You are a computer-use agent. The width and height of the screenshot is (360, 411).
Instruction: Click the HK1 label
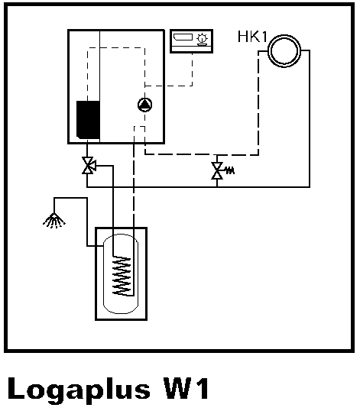pyautogui.click(x=252, y=37)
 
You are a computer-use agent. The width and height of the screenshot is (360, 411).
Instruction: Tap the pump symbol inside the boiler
pyautogui.click(x=144, y=105)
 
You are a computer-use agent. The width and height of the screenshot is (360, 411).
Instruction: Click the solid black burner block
pyautogui.click(x=88, y=119)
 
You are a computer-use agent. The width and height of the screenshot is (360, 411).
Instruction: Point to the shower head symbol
pyautogui.click(x=54, y=221)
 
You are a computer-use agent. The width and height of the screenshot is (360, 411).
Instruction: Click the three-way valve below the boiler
pyautogui.click(x=89, y=166)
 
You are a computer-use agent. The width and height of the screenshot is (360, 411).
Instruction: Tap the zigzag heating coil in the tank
pyautogui.click(x=122, y=277)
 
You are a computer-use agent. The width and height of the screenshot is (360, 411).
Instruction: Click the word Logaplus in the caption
pyautogui.click(x=79, y=390)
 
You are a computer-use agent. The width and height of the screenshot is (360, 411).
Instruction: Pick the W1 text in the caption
pyautogui.click(x=186, y=388)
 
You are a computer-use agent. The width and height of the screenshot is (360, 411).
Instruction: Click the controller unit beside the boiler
pyautogui.click(x=191, y=41)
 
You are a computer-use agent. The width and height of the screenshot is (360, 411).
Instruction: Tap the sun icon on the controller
pyautogui.click(x=202, y=38)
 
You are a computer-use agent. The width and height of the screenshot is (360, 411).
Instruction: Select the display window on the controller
pyautogui.click(x=183, y=37)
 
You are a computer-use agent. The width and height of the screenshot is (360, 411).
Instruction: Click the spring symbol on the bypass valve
pyautogui.click(x=230, y=170)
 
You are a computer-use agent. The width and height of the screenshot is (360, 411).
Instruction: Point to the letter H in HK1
pyautogui.click(x=242, y=37)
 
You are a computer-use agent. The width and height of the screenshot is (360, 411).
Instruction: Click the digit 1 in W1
pyautogui.click(x=202, y=388)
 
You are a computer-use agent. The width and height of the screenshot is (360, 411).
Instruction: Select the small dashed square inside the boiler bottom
pyautogui.click(x=139, y=127)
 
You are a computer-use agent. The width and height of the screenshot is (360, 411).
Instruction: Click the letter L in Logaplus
pyautogui.click(x=17, y=388)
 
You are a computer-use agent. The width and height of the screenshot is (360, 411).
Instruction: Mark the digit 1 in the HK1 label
pyautogui.click(x=264, y=37)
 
